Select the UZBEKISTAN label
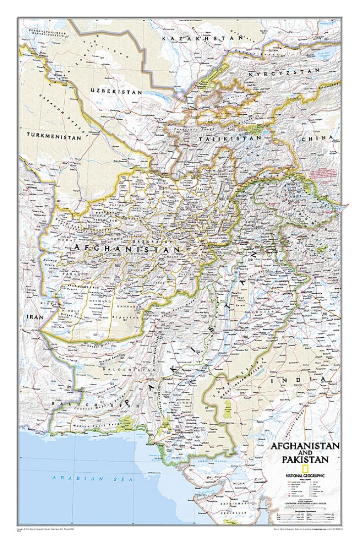click(116, 92)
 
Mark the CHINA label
click(324, 137)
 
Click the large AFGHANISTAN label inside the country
click(127, 245)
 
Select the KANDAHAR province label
click(129, 307)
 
